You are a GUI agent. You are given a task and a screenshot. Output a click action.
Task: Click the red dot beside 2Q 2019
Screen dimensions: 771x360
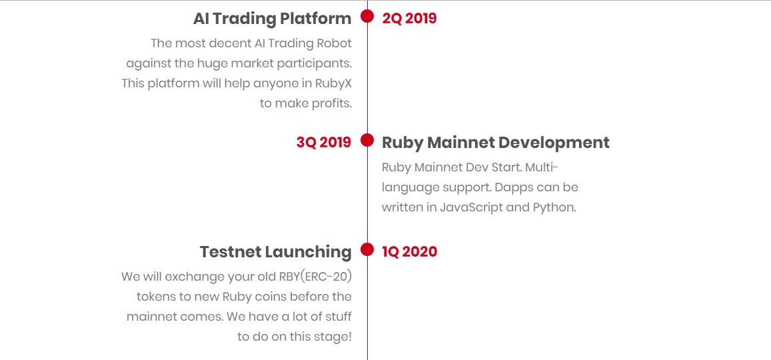(367, 16)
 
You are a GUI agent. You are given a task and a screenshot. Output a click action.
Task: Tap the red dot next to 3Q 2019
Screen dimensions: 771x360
(367, 140)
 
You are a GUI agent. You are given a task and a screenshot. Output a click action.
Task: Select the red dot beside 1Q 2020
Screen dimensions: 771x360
(367, 249)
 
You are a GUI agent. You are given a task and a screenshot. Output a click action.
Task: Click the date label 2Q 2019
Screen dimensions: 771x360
(409, 19)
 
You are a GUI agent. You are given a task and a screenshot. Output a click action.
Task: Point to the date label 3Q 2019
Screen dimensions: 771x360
(324, 143)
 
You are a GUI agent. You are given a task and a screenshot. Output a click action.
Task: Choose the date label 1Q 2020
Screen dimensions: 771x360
(410, 252)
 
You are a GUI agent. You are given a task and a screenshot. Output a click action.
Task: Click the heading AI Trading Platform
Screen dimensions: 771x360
(273, 19)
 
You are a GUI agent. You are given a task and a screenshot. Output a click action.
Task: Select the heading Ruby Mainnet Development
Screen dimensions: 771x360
(496, 143)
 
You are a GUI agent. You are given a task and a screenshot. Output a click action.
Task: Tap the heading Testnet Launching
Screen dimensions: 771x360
(276, 252)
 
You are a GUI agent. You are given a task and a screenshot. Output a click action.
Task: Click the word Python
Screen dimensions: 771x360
(554, 207)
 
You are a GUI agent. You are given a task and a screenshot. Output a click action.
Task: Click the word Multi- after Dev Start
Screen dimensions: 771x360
(542, 167)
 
